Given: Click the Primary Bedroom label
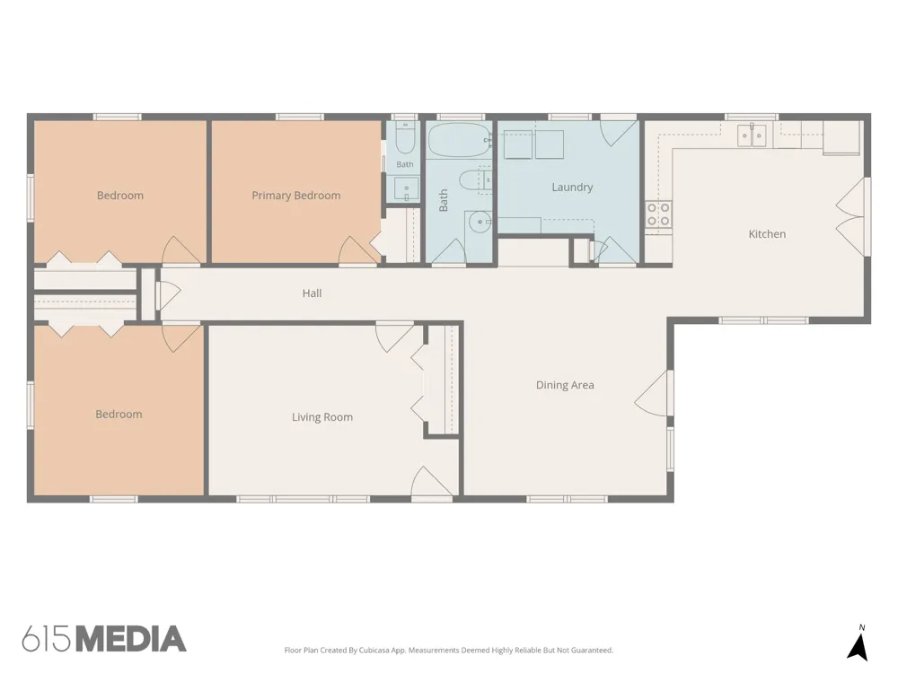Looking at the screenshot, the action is [x=296, y=196].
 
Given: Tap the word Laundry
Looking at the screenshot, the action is [x=572, y=188].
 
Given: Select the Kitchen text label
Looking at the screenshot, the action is [x=767, y=234].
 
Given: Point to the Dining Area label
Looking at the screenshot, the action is [x=565, y=385].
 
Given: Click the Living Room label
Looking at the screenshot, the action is [x=321, y=417].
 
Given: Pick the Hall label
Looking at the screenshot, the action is [x=312, y=293].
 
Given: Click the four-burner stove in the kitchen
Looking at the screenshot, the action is [x=658, y=214].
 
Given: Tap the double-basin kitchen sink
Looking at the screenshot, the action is [x=752, y=135].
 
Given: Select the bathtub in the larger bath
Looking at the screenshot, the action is [x=459, y=141].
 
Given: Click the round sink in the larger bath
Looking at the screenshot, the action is [x=479, y=222].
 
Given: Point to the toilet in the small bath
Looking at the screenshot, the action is [x=405, y=139].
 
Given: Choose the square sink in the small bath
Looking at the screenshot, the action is [x=406, y=188].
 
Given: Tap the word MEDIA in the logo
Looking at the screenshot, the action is [x=131, y=639].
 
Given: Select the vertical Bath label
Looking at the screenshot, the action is [x=444, y=201].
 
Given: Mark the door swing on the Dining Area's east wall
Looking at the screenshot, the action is [x=651, y=393].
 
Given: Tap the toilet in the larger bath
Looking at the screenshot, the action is [x=475, y=179].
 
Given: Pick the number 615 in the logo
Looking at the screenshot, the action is [x=48, y=639].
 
